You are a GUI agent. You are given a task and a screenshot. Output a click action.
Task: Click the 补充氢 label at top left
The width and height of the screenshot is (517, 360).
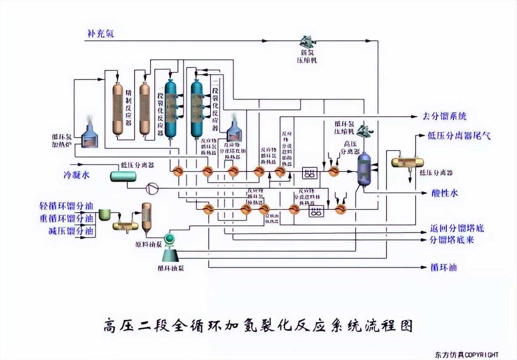(x=101, y=33)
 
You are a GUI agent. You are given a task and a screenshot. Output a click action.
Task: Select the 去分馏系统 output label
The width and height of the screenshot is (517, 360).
(x=444, y=116)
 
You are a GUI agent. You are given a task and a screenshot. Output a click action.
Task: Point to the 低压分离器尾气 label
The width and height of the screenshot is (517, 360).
(x=459, y=136)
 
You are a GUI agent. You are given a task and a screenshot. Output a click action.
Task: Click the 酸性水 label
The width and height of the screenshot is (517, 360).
(x=445, y=193)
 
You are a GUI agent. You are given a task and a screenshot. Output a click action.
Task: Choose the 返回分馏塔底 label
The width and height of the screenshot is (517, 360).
(x=457, y=228)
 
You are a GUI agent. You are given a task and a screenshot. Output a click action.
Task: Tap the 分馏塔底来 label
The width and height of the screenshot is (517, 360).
(x=452, y=240)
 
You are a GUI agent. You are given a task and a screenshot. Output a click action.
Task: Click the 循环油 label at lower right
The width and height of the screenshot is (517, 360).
(x=444, y=267)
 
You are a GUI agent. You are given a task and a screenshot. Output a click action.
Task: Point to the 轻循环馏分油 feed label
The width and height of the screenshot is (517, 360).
(x=66, y=205)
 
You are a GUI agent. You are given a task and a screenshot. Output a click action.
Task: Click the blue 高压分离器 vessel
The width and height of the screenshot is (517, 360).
(x=364, y=168)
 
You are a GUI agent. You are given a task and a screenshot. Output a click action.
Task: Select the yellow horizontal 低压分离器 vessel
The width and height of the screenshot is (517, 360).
(x=408, y=162)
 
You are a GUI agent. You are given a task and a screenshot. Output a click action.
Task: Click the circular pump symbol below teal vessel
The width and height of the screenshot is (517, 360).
(x=152, y=188)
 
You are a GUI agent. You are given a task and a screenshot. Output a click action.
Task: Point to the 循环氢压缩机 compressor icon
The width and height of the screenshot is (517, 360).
(x=364, y=129)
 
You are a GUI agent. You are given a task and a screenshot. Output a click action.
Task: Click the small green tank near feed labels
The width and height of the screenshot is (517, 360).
(x=105, y=214)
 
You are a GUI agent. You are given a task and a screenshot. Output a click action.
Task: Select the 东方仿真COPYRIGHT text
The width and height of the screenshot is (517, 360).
(x=467, y=355)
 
